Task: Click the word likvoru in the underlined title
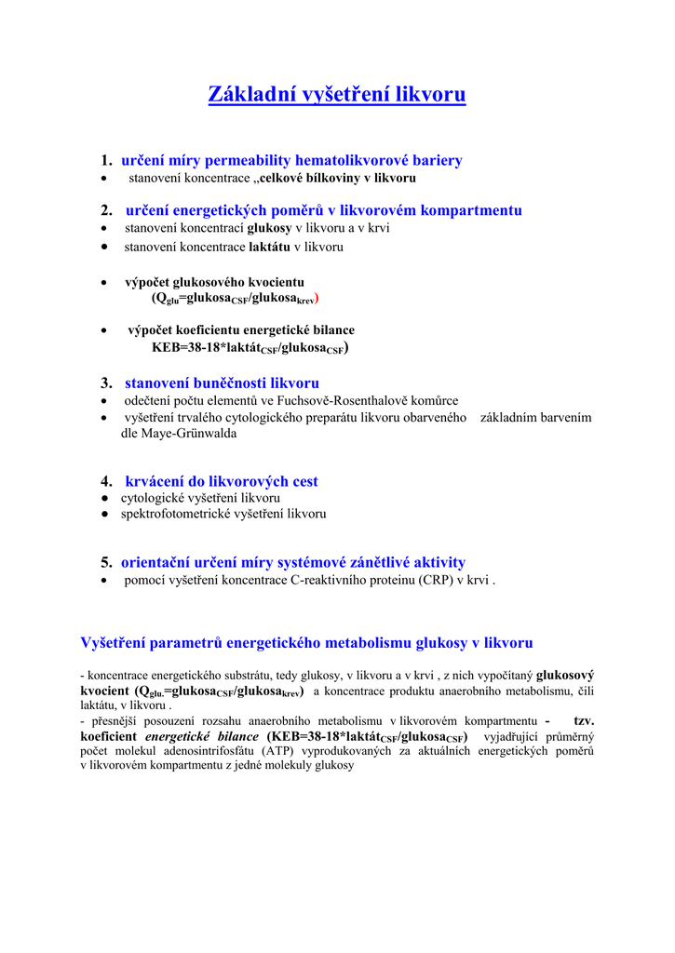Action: (x=430, y=94)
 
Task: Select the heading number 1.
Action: (x=106, y=160)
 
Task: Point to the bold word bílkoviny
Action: (x=336, y=178)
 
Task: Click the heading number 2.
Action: (x=106, y=210)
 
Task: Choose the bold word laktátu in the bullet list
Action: (x=269, y=248)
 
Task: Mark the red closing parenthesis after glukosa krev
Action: (x=317, y=298)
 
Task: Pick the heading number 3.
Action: (x=106, y=383)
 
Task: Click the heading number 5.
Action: (x=106, y=562)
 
